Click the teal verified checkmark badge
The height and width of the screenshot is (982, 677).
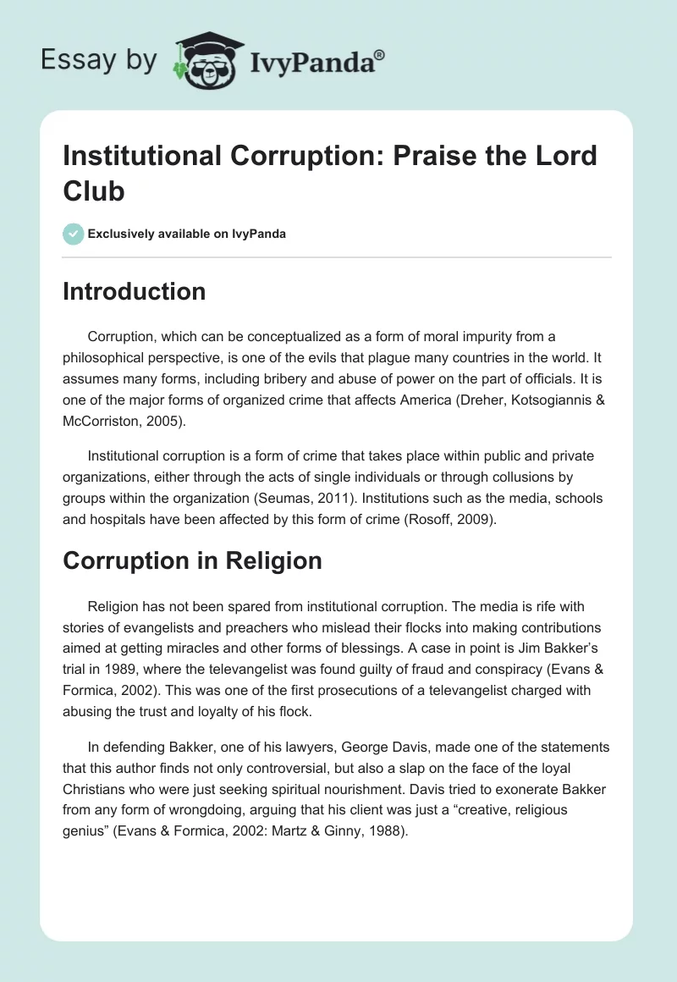click(73, 234)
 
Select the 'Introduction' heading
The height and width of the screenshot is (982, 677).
click(134, 291)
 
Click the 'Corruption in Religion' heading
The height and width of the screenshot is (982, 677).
click(192, 560)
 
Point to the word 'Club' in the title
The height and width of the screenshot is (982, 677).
click(94, 190)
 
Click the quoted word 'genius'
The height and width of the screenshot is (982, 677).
click(88, 830)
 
